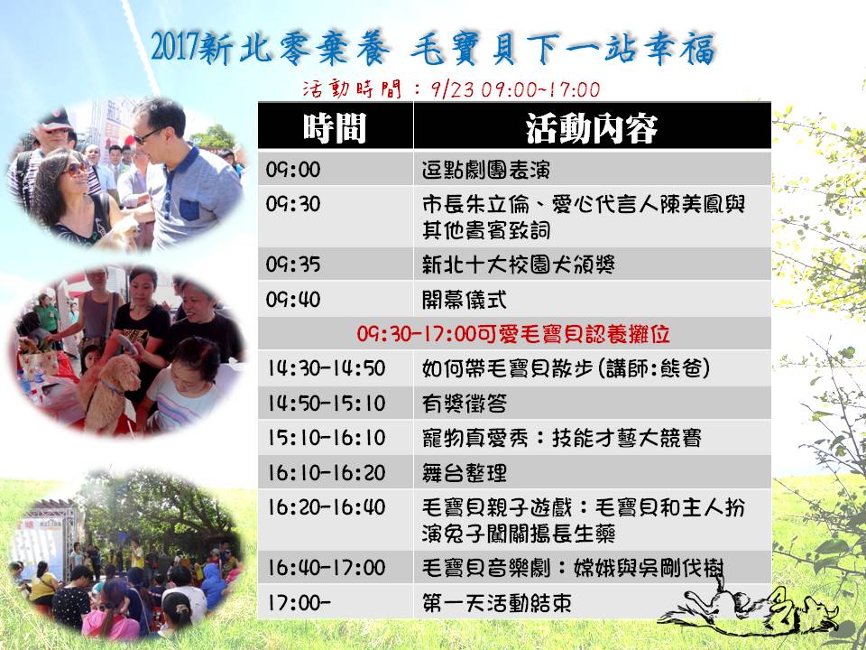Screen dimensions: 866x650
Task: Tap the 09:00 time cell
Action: pyautogui.click(x=336, y=169)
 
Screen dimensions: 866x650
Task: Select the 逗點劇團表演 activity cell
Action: pyautogui.click(x=592, y=169)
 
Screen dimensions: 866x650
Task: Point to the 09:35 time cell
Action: pyautogui.click(x=336, y=264)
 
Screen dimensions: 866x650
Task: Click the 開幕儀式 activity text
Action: pyautogui.click(x=464, y=300)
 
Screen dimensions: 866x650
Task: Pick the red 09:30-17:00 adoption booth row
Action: pyautogui.click(x=514, y=333)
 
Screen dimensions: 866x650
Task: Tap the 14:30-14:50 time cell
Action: pyautogui.click(x=336, y=368)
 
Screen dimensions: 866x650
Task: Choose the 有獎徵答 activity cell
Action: pyautogui.click(x=592, y=403)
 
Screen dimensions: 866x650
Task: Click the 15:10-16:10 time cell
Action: pyautogui.click(x=336, y=437)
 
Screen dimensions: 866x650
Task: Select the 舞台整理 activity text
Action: pyautogui.click(x=464, y=472)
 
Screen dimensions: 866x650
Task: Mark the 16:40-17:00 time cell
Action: pyautogui.click(x=336, y=567)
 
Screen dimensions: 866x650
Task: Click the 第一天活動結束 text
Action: pyautogui.click(x=496, y=602)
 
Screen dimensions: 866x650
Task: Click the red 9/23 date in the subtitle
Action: pyautogui.click(x=453, y=89)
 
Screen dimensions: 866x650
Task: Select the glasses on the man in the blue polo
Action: pyautogui.click(x=148, y=135)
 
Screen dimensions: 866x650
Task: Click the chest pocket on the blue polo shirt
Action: pyautogui.click(x=189, y=209)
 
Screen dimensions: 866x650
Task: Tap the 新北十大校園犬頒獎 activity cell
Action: pyautogui.click(x=592, y=264)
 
